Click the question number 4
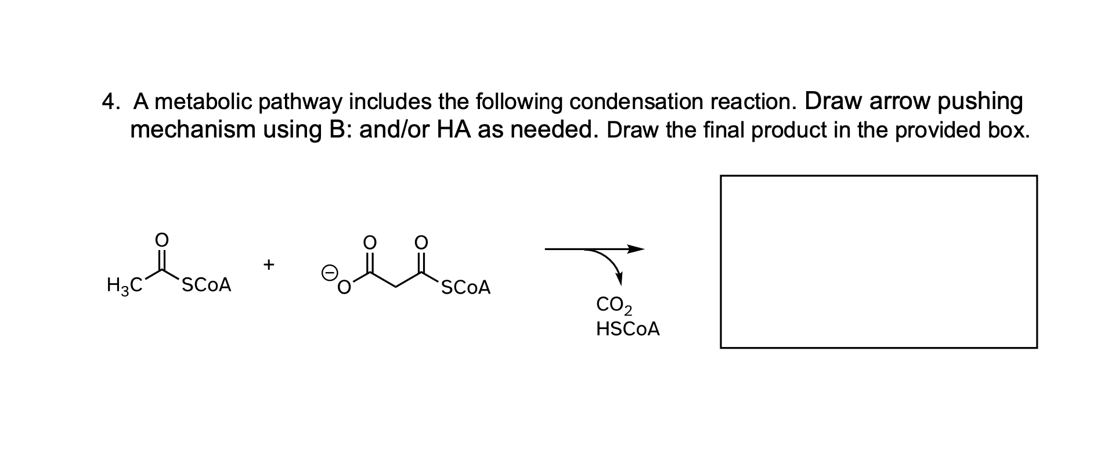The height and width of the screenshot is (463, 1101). (109, 102)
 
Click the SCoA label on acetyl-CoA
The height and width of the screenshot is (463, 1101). (207, 285)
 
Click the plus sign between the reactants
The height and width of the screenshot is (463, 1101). (268, 265)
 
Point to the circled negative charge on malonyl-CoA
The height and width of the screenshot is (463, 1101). (329, 272)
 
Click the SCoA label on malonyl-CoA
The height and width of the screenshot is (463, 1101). (465, 287)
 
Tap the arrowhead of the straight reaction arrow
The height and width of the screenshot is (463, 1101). (636, 249)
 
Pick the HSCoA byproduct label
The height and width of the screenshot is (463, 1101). (628, 330)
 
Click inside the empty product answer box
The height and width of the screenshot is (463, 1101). (878, 262)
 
